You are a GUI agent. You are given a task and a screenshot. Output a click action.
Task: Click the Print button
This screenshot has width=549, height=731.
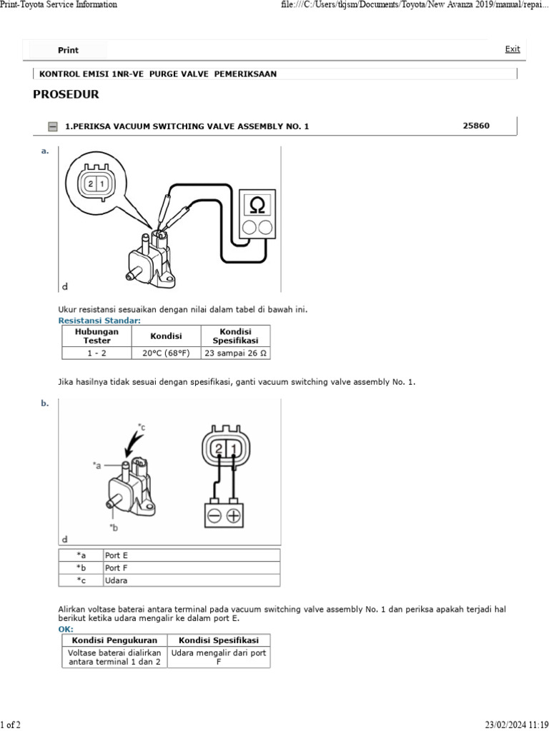click(68, 50)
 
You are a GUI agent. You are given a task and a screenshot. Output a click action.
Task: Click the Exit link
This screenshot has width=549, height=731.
click(513, 49)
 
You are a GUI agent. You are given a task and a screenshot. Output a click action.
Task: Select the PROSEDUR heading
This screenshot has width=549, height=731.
click(66, 94)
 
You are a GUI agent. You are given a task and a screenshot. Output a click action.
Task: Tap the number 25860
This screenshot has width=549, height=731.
click(476, 126)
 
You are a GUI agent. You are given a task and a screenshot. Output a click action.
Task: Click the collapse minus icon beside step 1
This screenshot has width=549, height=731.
click(53, 127)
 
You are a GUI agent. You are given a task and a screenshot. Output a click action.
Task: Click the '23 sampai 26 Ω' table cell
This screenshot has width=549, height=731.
click(235, 353)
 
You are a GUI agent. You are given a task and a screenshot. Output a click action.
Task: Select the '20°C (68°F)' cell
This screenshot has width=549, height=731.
click(166, 353)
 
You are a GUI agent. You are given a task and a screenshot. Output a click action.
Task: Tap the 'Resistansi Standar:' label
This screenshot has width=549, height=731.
click(99, 321)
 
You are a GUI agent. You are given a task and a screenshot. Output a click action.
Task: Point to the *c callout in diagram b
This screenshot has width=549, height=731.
click(142, 427)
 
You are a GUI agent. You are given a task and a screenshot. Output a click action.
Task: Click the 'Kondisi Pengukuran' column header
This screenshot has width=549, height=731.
click(114, 640)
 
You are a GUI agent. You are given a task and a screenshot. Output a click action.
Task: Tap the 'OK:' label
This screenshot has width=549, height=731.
click(65, 629)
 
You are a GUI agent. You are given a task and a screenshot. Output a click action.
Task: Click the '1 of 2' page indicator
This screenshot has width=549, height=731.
click(11, 725)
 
